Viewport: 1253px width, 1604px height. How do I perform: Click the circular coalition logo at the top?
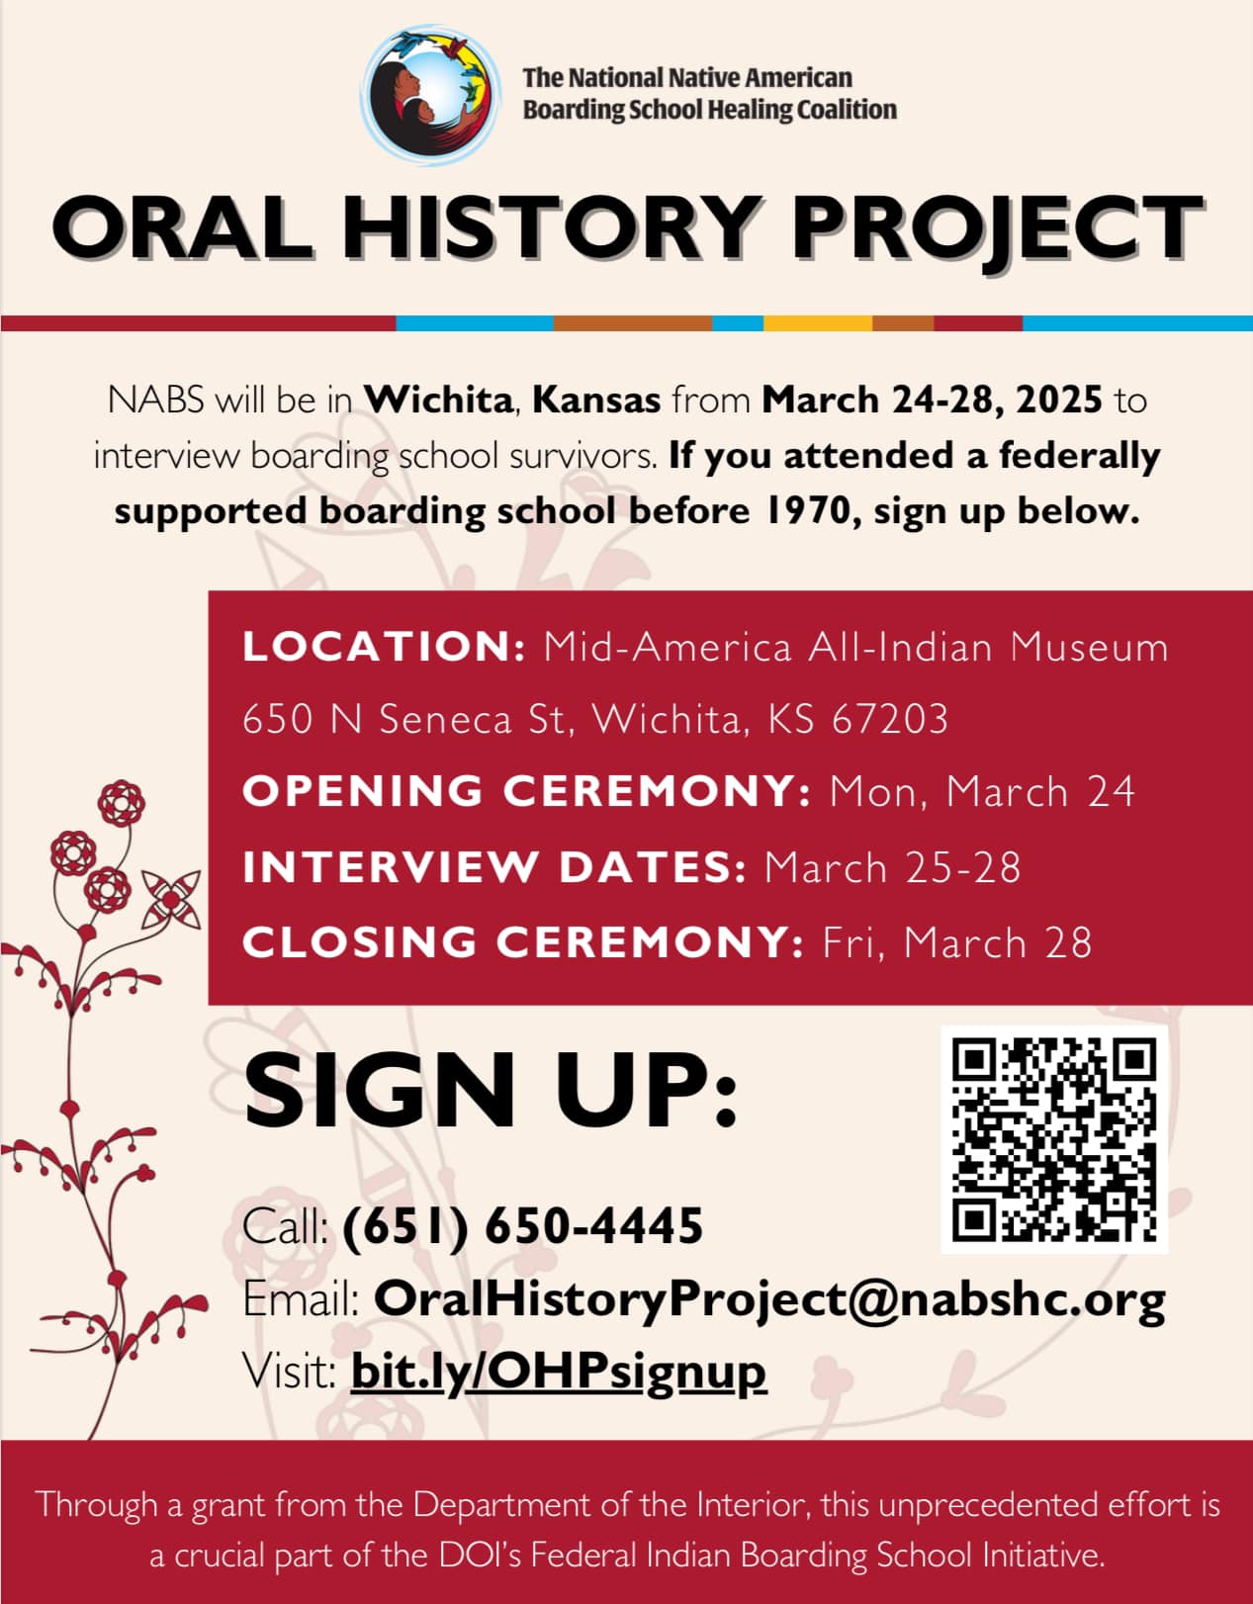[x=430, y=95]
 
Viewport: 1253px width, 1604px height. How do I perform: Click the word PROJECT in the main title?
[x=997, y=228]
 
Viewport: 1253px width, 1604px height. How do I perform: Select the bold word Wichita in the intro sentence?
[x=438, y=401]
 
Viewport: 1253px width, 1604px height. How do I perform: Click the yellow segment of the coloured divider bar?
[x=818, y=323]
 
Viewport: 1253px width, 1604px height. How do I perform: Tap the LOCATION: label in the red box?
[x=384, y=647]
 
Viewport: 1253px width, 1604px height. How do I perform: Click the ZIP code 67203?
[x=890, y=719]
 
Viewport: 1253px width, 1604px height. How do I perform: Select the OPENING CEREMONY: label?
[x=527, y=790]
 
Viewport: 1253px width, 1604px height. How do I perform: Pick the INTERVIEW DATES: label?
[x=494, y=866]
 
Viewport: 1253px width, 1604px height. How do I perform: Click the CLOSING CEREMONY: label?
[x=523, y=941]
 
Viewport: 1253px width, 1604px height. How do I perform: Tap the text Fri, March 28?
[x=957, y=942]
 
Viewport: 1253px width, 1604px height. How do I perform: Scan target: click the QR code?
[x=1054, y=1139]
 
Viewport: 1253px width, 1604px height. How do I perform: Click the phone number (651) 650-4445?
[x=523, y=1226]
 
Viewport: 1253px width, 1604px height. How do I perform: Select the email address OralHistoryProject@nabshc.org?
[x=769, y=1299]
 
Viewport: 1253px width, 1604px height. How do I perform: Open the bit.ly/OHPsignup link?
[x=559, y=1372]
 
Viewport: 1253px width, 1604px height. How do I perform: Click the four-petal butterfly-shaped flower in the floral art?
[x=171, y=900]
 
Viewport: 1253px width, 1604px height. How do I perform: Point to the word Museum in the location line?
[x=1089, y=648]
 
